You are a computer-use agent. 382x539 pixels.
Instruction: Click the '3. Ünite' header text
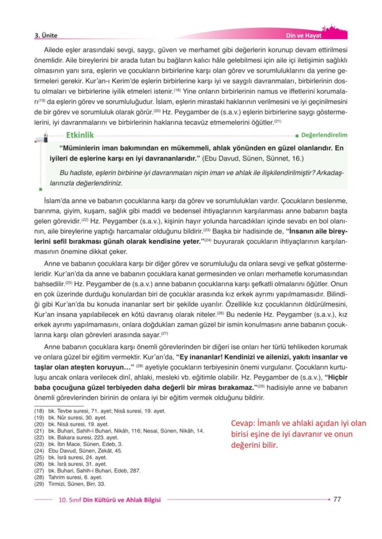(x=46, y=36)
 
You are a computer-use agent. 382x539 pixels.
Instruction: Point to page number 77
(x=338, y=500)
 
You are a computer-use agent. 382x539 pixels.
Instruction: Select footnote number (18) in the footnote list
(x=39, y=411)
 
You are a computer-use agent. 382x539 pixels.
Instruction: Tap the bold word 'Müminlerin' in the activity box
(x=83, y=148)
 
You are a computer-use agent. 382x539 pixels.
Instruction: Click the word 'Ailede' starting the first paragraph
(x=55, y=49)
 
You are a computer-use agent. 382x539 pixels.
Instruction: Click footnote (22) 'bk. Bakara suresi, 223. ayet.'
(x=83, y=437)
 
